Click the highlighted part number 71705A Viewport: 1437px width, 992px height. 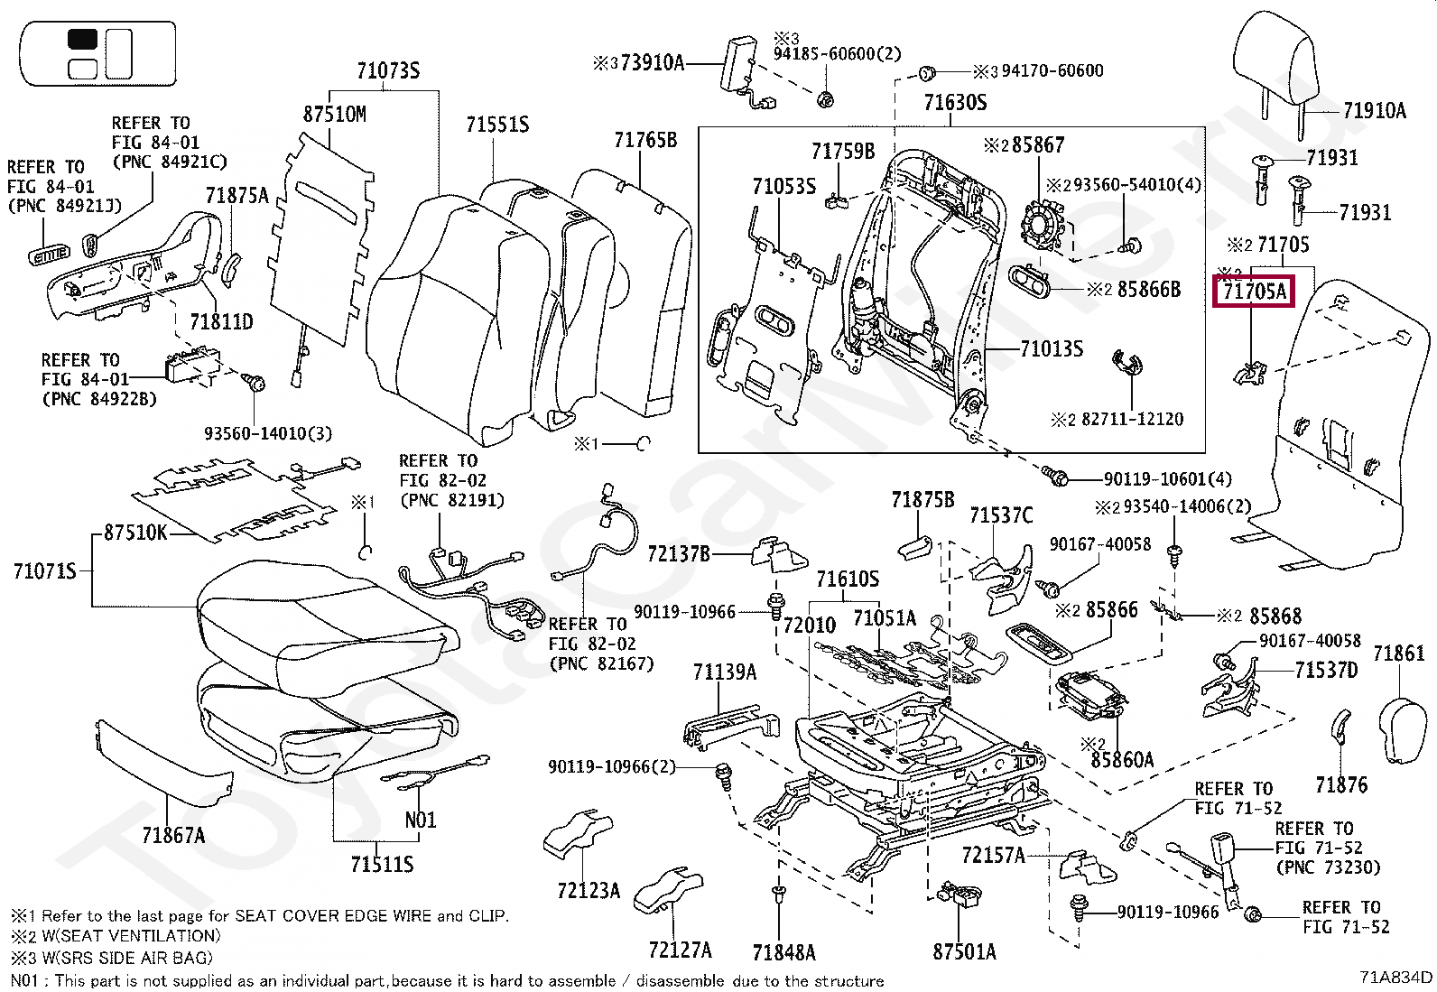pyautogui.click(x=1254, y=292)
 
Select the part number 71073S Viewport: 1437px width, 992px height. pyautogui.click(x=388, y=71)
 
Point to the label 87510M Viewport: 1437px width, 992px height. pyautogui.click(x=334, y=115)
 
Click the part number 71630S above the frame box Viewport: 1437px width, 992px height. pyautogui.click(x=955, y=103)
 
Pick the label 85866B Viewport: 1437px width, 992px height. pyautogui.click(x=1148, y=290)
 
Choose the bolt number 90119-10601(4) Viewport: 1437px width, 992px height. pyautogui.click(x=1167, y=479)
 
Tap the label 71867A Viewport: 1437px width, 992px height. pyautogui.click(x=173, y=836)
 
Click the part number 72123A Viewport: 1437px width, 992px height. pyautogui.click(x=589, y=891)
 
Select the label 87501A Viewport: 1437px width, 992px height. pyautogui.click(x=964, y=951)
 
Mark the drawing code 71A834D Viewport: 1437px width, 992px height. pyautogui.click(x=1395, y=977)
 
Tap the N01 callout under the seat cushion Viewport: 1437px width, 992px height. pyautogui.click(x=421, y=820)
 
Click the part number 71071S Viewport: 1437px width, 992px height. pyautogui.click(x=44, y=571)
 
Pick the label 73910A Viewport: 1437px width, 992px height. pyautogui.click(x=652, y=63)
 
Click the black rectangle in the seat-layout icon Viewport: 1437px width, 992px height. pyautogui.click(x=82, y=40)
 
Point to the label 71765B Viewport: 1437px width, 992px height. pyautogui.click(x=644, y=140)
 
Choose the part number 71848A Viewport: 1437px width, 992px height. pyautogui.click(x=783, y=952)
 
